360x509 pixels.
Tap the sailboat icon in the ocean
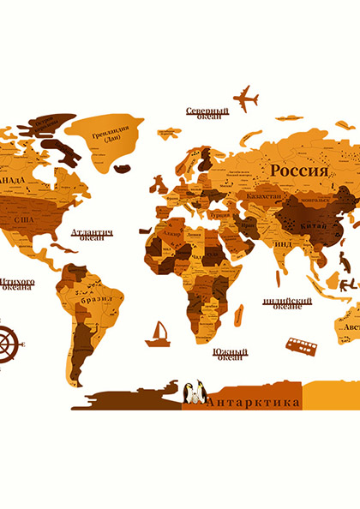tap(158, 334)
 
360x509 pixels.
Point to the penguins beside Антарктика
tap(195, 392)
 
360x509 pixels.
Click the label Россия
tap(298, 171)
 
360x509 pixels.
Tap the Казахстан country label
tap(263, 196)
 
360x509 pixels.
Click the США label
tap(25, 219)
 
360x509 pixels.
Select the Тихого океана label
tap(17, 284)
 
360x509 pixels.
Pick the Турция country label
tap(221, 214)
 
